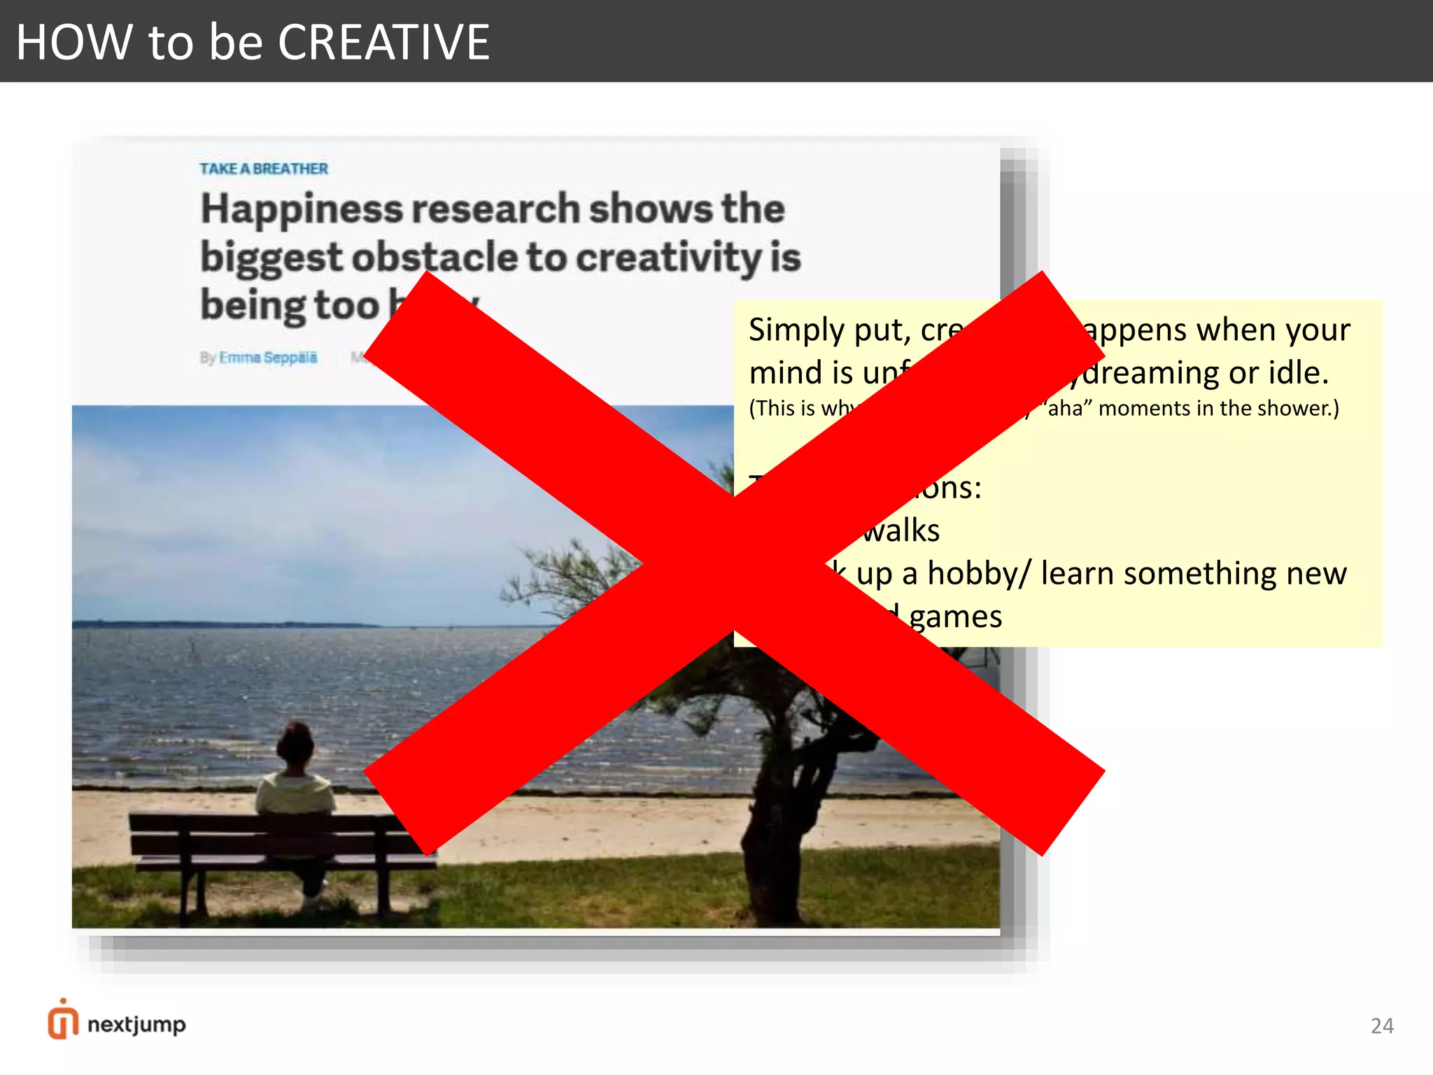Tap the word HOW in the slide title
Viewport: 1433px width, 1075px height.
tap(74, 42)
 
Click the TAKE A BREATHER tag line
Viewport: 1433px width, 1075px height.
tap(264, 169)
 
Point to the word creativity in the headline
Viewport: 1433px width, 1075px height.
tap(668, 257)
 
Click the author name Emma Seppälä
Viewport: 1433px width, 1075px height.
tap(268, 358)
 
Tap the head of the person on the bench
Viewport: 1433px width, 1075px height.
tap(295, 745)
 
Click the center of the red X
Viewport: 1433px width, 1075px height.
tap(733, 564)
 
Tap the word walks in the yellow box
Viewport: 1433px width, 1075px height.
tap(901, 531)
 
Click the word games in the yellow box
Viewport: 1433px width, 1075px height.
tap(955, 617)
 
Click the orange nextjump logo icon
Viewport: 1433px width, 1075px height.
tap(63, 1020)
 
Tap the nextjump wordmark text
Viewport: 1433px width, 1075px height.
tap(137, 1025)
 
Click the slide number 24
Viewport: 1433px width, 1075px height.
tap(1382, 1026)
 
